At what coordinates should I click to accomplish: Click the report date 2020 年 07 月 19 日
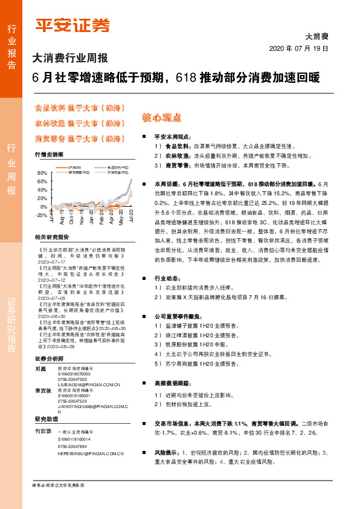click(x=298, y=48)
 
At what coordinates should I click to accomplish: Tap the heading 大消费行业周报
click(x=70, y=59)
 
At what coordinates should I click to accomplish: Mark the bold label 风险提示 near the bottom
click(x=166, y=452)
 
